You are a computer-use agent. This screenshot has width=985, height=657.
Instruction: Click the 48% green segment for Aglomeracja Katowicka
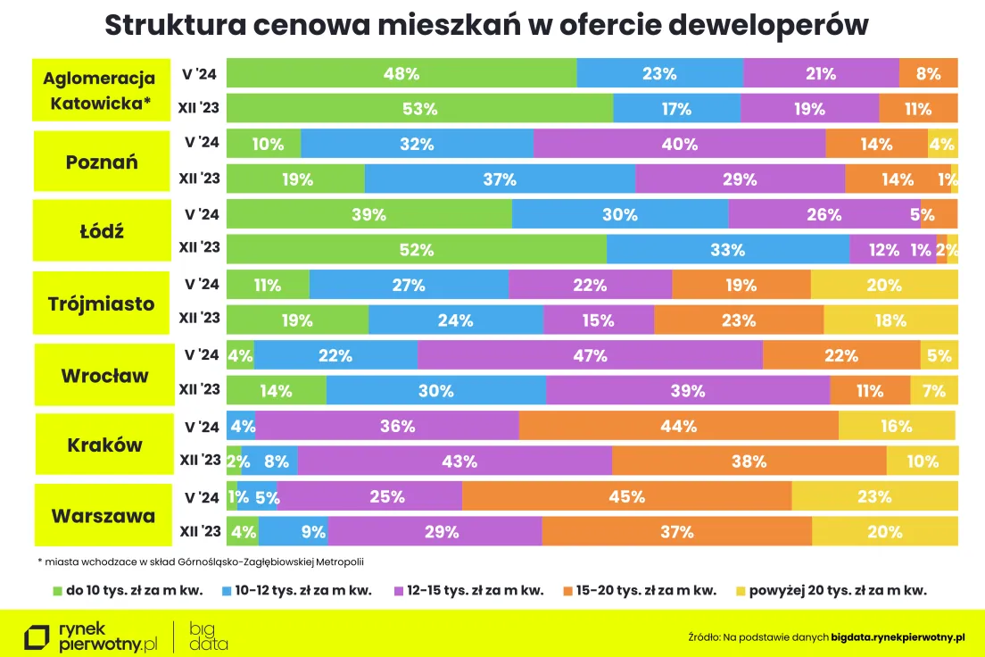point(401,73)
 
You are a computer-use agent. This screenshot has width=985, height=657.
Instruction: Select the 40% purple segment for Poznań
point(679,144)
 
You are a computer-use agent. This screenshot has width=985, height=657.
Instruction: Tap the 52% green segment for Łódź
point(417,249)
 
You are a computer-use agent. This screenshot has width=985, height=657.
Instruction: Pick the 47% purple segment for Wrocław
point(590,354)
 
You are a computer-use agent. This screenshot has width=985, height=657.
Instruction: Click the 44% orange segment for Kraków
point(678,426)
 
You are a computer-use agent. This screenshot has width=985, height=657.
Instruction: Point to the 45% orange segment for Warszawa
point(626,496)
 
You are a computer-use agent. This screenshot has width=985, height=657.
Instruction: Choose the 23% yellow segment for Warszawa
point(874,496)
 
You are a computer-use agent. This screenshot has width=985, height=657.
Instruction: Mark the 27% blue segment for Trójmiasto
point(409,285)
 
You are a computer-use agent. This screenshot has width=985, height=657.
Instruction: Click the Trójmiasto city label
point(101,303)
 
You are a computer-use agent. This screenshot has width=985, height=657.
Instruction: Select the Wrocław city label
point(104,375)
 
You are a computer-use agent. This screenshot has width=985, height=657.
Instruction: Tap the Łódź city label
point(102,230)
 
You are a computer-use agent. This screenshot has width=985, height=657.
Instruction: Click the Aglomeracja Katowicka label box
point(101,90)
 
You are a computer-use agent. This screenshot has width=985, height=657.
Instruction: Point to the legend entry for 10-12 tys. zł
point(297,590)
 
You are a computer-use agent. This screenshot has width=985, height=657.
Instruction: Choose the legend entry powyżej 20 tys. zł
point(832,590)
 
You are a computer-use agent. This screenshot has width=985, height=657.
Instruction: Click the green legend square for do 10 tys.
point(58,591)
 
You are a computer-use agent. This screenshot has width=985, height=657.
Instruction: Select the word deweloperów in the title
point(768,25)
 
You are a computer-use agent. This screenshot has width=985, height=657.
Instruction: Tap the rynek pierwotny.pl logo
point(90,637)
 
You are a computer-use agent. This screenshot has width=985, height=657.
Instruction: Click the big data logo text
point(209,636)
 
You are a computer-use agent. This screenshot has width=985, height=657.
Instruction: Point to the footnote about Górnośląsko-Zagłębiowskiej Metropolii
point(201,561)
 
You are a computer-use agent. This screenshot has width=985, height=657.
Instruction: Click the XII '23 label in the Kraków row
point(201,460)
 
